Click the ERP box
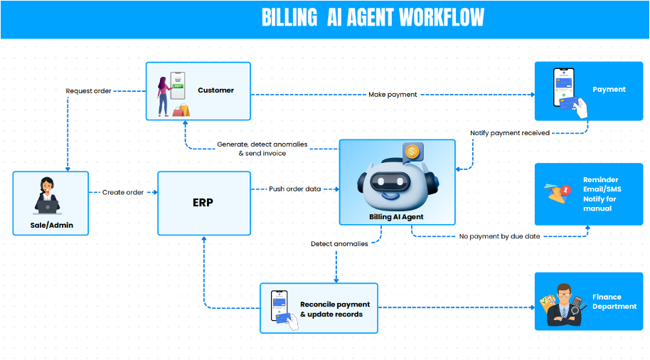203,203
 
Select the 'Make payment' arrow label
393,95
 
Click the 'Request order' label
88,91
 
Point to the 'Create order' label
123,192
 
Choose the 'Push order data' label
294,189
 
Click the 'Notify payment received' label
509,133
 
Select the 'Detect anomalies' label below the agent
339,244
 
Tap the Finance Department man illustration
565,305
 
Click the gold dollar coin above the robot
411,151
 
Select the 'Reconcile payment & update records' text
331,309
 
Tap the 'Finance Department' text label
614,302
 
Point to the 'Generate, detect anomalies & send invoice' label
262,149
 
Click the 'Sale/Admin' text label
51,226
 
